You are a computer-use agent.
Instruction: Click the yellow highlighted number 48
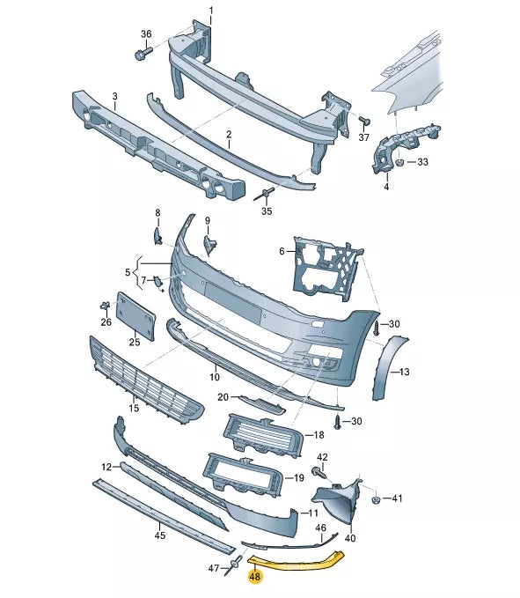(255, 578)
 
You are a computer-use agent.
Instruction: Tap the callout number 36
(146, 33)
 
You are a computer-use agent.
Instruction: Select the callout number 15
(135, 408)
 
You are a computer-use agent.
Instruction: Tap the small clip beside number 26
(104, 306)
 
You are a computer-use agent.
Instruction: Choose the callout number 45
(159, 535)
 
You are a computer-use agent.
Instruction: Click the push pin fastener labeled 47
(234, 566)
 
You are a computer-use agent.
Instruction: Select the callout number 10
(215, 377)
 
